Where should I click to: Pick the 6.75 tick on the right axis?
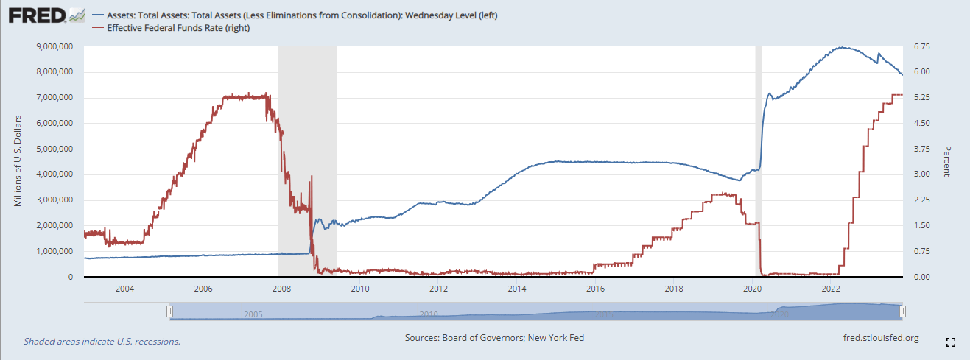921,46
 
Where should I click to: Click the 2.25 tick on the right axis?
921,200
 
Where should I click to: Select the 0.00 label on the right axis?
921,278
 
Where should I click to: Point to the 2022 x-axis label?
831,288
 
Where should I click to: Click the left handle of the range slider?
169,312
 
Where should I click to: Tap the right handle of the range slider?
902,312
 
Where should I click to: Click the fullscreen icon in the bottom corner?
950,342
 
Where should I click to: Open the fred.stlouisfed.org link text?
880,338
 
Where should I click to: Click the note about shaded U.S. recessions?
102,342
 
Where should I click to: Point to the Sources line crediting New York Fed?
494,338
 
